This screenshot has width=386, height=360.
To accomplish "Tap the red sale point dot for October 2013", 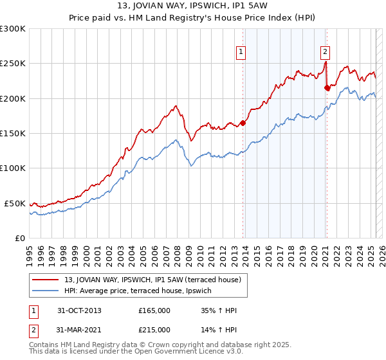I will pos(243,123).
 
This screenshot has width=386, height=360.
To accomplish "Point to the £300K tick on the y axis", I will pos(13,29).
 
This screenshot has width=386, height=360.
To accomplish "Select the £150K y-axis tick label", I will pos(13,133).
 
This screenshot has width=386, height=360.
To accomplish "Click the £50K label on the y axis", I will pos(15,203).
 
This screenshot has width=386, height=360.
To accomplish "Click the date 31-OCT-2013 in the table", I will pos(79,310).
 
